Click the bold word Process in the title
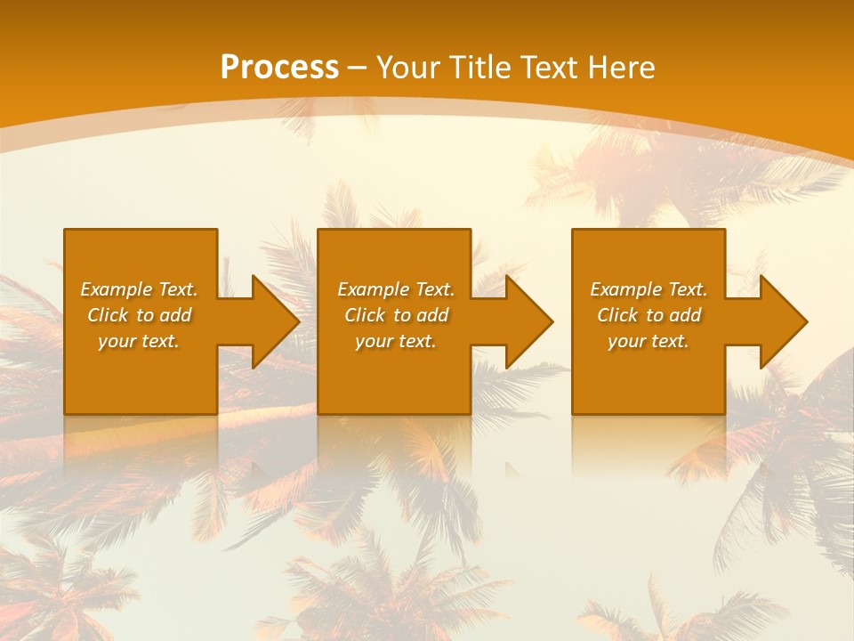point(279,68)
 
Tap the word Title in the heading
point(482,68)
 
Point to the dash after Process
point(358,69)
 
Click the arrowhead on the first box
point(272,321)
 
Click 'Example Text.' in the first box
point(139,289)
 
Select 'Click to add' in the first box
point(139,315)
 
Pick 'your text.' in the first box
point(139,341)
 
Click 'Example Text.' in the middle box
point(396,289)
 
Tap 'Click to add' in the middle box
point(396,315)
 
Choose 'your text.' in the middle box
point(396,341)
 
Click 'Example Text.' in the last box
point(649,289)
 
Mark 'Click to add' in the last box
point(649,315)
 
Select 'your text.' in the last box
point(649,341)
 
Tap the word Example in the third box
point(625,289)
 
